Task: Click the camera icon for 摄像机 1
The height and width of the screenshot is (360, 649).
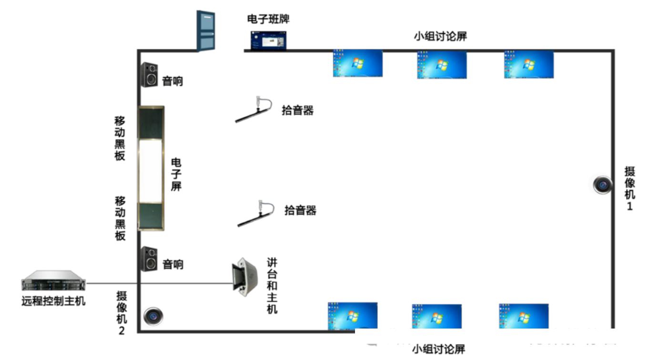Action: pyautogui.click(x=603, y=185)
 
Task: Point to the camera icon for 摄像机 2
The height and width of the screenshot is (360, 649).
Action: pyautogui.click(x=153, y=316)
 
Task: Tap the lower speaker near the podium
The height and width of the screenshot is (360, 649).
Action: pyautogui.click(x=149, y=259)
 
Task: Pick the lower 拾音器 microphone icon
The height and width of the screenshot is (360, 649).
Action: pyautogui.click(x=257, y=213)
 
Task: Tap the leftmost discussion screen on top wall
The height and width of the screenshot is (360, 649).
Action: pyautogui.click(x=357, y=63)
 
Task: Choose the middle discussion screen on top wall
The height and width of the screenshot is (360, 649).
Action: pyautogui.click(x=442, y=64)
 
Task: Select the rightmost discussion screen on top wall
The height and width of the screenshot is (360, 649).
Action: pyautogui.click(x=529, y=64)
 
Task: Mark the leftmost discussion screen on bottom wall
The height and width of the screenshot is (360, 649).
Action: pyautogui.click(x=353, y=315)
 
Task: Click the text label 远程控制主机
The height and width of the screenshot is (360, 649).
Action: pyautogui.click(x=53, y=301)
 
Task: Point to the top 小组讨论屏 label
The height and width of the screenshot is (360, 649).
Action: pyautogui.click(x=440, y=37)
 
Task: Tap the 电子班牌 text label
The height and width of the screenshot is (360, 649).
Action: pyautogui.click(x=268, y=20)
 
